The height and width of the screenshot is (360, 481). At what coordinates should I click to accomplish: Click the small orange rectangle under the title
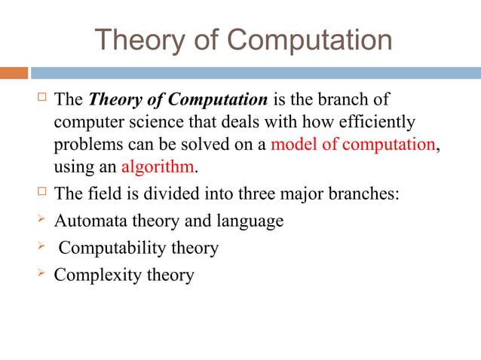point(14,73)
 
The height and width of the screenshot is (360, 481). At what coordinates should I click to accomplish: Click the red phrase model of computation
point(352,144)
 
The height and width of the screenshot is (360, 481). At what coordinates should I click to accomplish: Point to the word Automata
point(88,221)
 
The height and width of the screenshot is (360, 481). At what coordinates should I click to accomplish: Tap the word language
point(251,221)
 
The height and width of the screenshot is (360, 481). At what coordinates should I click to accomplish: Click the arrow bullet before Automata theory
point(41,220)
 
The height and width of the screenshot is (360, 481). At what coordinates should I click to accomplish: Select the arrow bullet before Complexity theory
point(41,274)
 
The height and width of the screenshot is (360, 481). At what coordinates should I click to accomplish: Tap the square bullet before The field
point(42,191)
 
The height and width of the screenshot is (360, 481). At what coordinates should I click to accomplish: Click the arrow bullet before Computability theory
point(41,247)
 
